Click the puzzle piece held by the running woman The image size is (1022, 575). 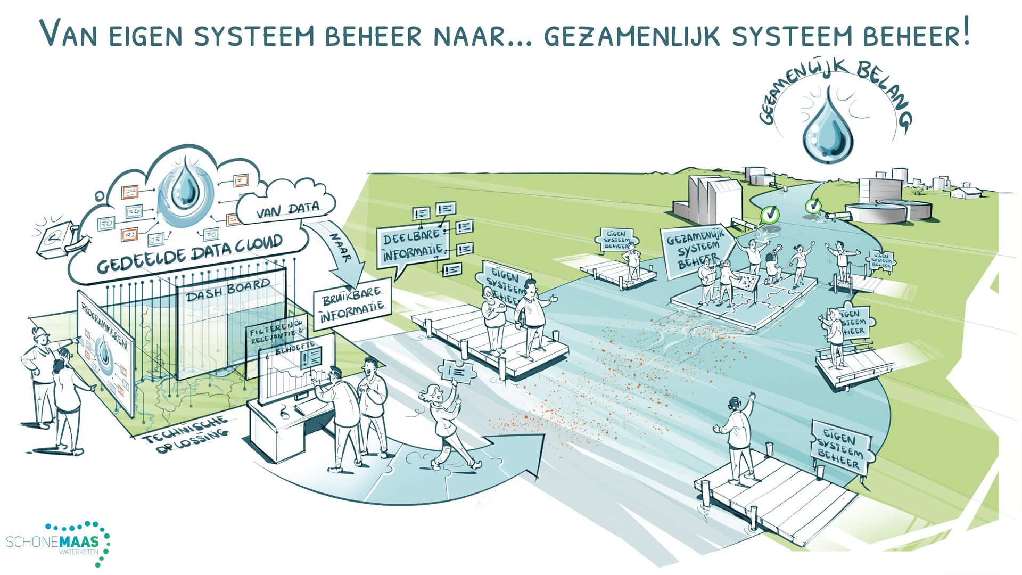pos(457,371)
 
